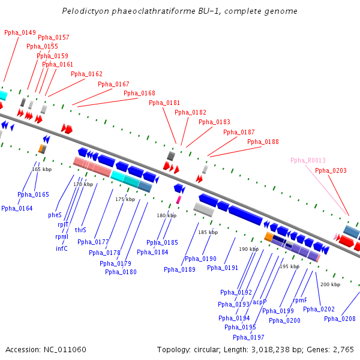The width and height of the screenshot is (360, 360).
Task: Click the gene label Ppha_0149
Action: coord(20,32)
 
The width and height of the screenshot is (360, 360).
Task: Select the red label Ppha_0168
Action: coord(139,93)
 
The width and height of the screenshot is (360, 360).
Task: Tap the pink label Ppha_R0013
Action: coord(308,160)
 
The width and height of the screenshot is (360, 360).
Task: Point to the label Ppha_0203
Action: coord(331,170)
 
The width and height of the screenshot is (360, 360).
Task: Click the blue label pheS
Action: coord(55,214)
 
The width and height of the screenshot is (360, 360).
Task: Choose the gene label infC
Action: coord(61,248)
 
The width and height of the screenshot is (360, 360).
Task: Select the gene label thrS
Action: coord(80,230)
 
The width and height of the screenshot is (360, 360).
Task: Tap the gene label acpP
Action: coord(259,302)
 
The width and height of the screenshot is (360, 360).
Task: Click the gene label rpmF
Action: coord(300,300)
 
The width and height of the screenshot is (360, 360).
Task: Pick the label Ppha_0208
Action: coord(340,319)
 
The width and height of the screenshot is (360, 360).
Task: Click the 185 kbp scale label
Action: coord(207,232)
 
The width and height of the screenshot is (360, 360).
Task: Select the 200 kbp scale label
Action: coord(329,284)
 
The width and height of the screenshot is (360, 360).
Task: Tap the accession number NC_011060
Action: coord(64,349)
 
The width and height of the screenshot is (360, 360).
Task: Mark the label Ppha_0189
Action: coord(179,269)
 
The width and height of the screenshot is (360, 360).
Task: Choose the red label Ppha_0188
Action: coord(263,142)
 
